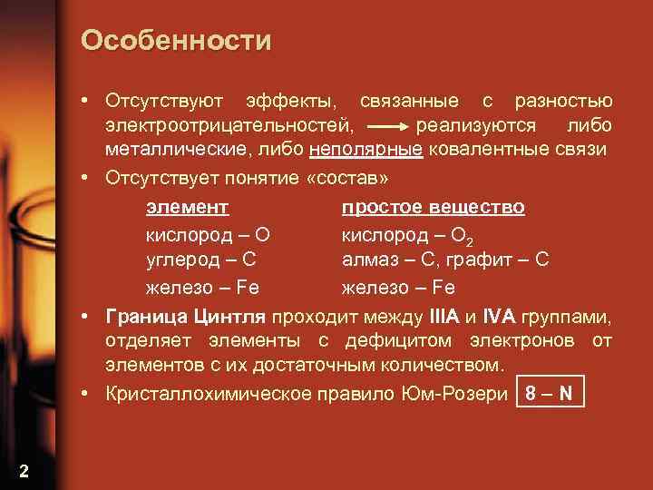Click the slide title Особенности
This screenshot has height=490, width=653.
coord(175,40)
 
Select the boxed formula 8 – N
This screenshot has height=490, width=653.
coord(548,394)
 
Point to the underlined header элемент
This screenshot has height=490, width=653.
coord(187,207)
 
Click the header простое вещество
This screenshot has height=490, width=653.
coord(433,207)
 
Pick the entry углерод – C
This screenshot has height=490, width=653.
coord(200,260)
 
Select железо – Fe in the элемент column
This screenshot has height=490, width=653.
coord(202,287)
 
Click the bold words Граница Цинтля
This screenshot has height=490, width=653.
coord(185,316)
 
